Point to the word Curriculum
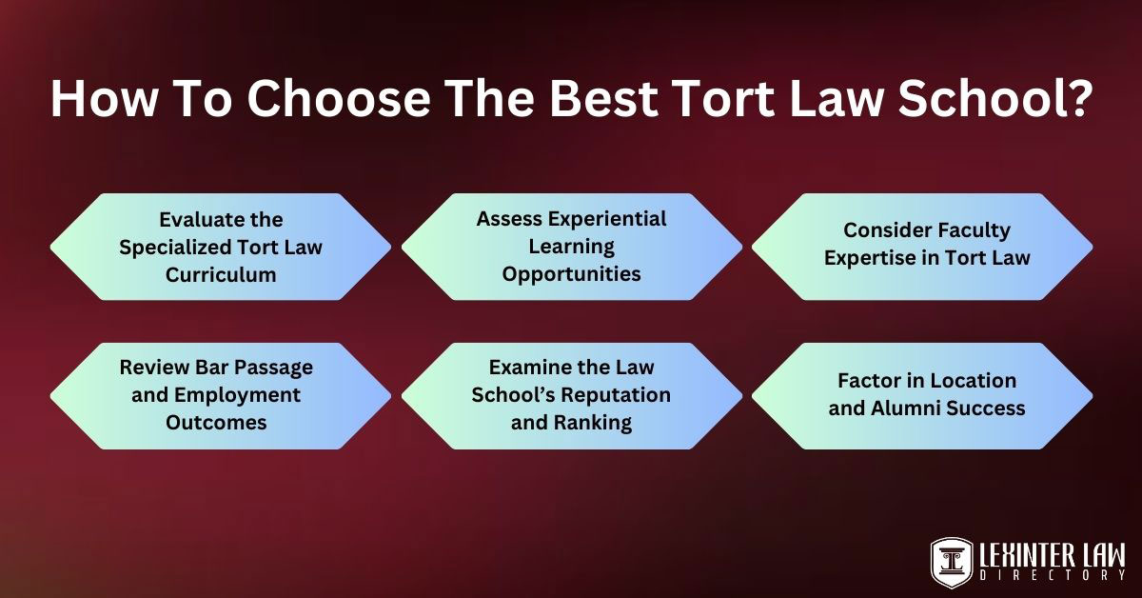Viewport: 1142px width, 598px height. (x=221, y=275)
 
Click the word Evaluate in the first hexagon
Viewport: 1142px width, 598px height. (x=191, y=220)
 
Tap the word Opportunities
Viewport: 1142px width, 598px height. (x=572, y=274)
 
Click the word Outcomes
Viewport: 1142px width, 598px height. (x=216, y=423)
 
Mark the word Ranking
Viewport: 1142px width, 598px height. (x=594, y=423)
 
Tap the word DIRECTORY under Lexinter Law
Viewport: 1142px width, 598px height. (x=1053, y=575)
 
